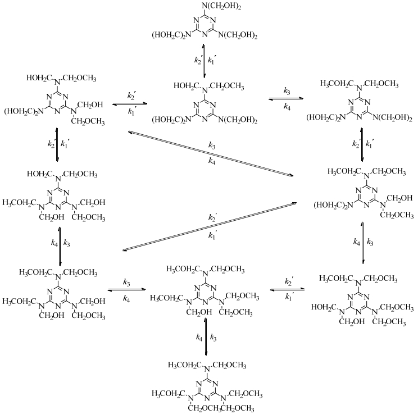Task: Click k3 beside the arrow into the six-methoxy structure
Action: pos(213,337)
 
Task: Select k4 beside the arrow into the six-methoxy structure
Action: pos(200,337)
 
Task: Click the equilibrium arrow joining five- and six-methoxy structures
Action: pos(207,337)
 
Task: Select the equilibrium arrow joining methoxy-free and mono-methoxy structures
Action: pos(206,58)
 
